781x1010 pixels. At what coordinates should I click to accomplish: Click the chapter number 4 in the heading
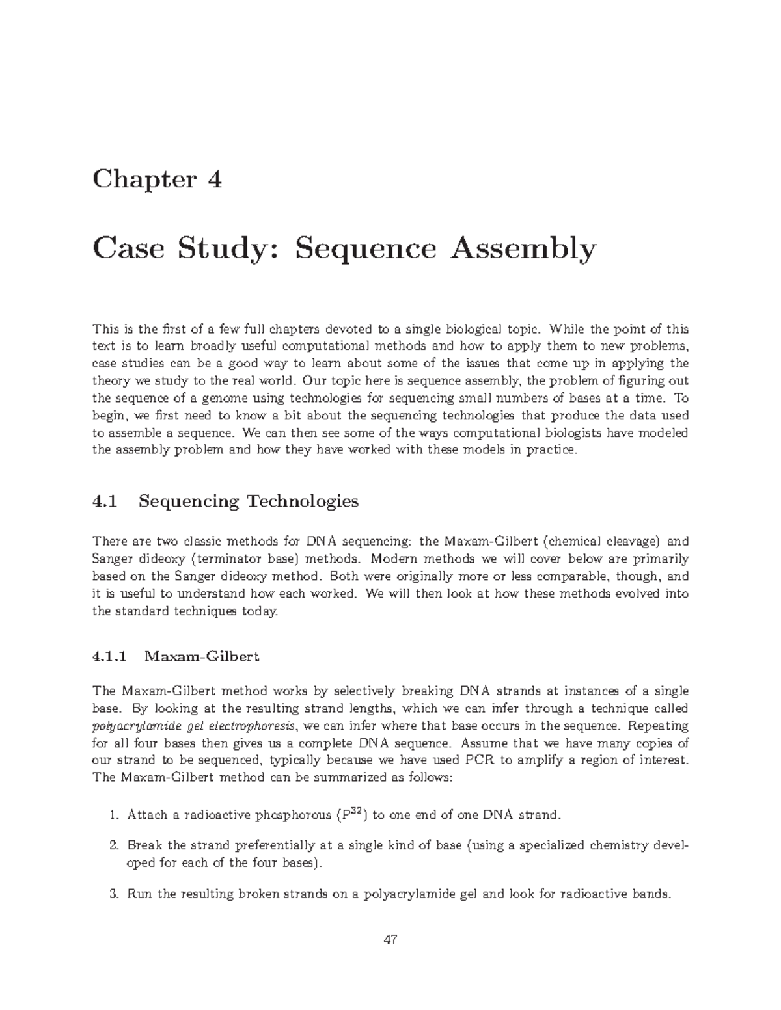(215, 179)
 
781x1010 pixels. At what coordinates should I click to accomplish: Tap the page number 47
(390, 939)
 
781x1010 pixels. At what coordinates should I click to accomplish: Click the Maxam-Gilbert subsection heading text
(202, 656)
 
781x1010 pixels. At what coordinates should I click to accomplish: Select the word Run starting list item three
(137, 894)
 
